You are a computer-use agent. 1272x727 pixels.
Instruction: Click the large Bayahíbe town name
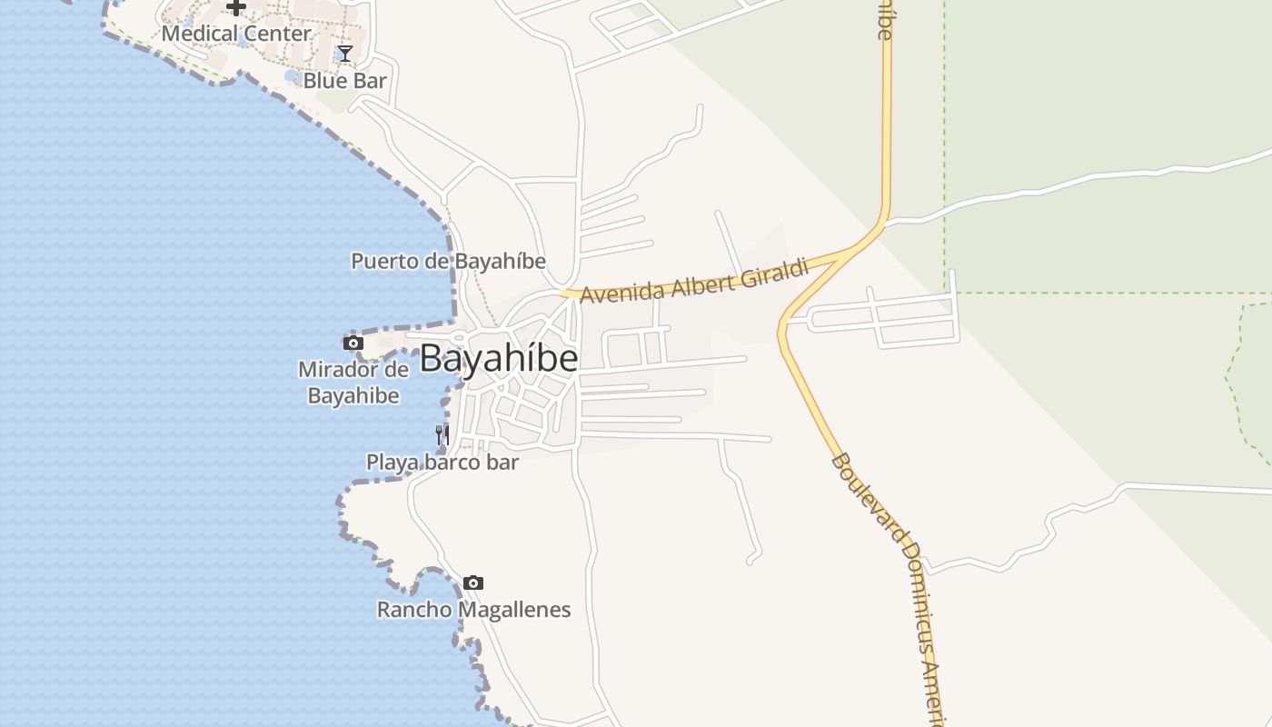(x=499, y=358)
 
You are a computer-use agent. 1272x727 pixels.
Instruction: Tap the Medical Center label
(x=236, y=34)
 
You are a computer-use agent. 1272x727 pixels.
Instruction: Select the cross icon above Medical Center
(x=236, y=7)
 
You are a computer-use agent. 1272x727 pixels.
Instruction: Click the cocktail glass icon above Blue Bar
(x=345, y=54)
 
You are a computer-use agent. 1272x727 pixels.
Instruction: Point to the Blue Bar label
(x=344, y=80)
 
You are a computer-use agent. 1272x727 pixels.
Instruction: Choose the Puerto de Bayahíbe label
(x=449, y=261)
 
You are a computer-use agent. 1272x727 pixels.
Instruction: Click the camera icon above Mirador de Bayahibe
(x=353, y=343)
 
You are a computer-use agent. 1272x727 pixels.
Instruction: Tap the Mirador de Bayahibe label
(x=353, y=383)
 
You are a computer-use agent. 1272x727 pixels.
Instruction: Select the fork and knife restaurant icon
(x=442, y=435)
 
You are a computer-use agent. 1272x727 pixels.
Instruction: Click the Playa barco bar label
(x=442, y=462)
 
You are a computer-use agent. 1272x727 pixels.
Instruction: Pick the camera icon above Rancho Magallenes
(x=473, y=583)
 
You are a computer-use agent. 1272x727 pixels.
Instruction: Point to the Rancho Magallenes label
(x=473, y=609)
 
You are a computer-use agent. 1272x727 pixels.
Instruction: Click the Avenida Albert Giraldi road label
(x=694, y=283)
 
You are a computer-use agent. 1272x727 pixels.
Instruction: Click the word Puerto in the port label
(x=379, y=261)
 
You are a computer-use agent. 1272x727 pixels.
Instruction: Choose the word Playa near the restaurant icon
(x=388, y=462)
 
